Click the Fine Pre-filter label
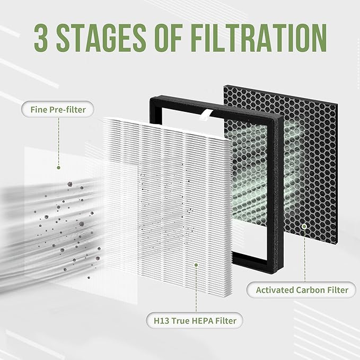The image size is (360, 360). [x=55, y=110]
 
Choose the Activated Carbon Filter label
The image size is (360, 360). [x=302, y=289]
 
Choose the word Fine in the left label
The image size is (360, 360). [x=37, y=110]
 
